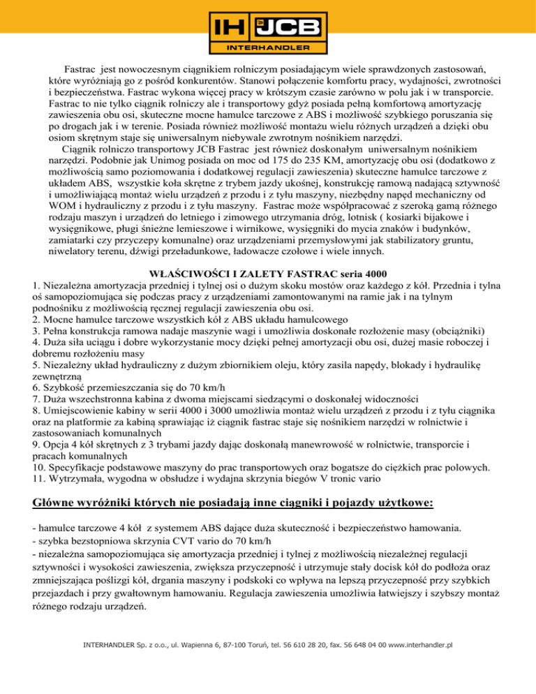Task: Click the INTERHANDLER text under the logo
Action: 268,49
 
